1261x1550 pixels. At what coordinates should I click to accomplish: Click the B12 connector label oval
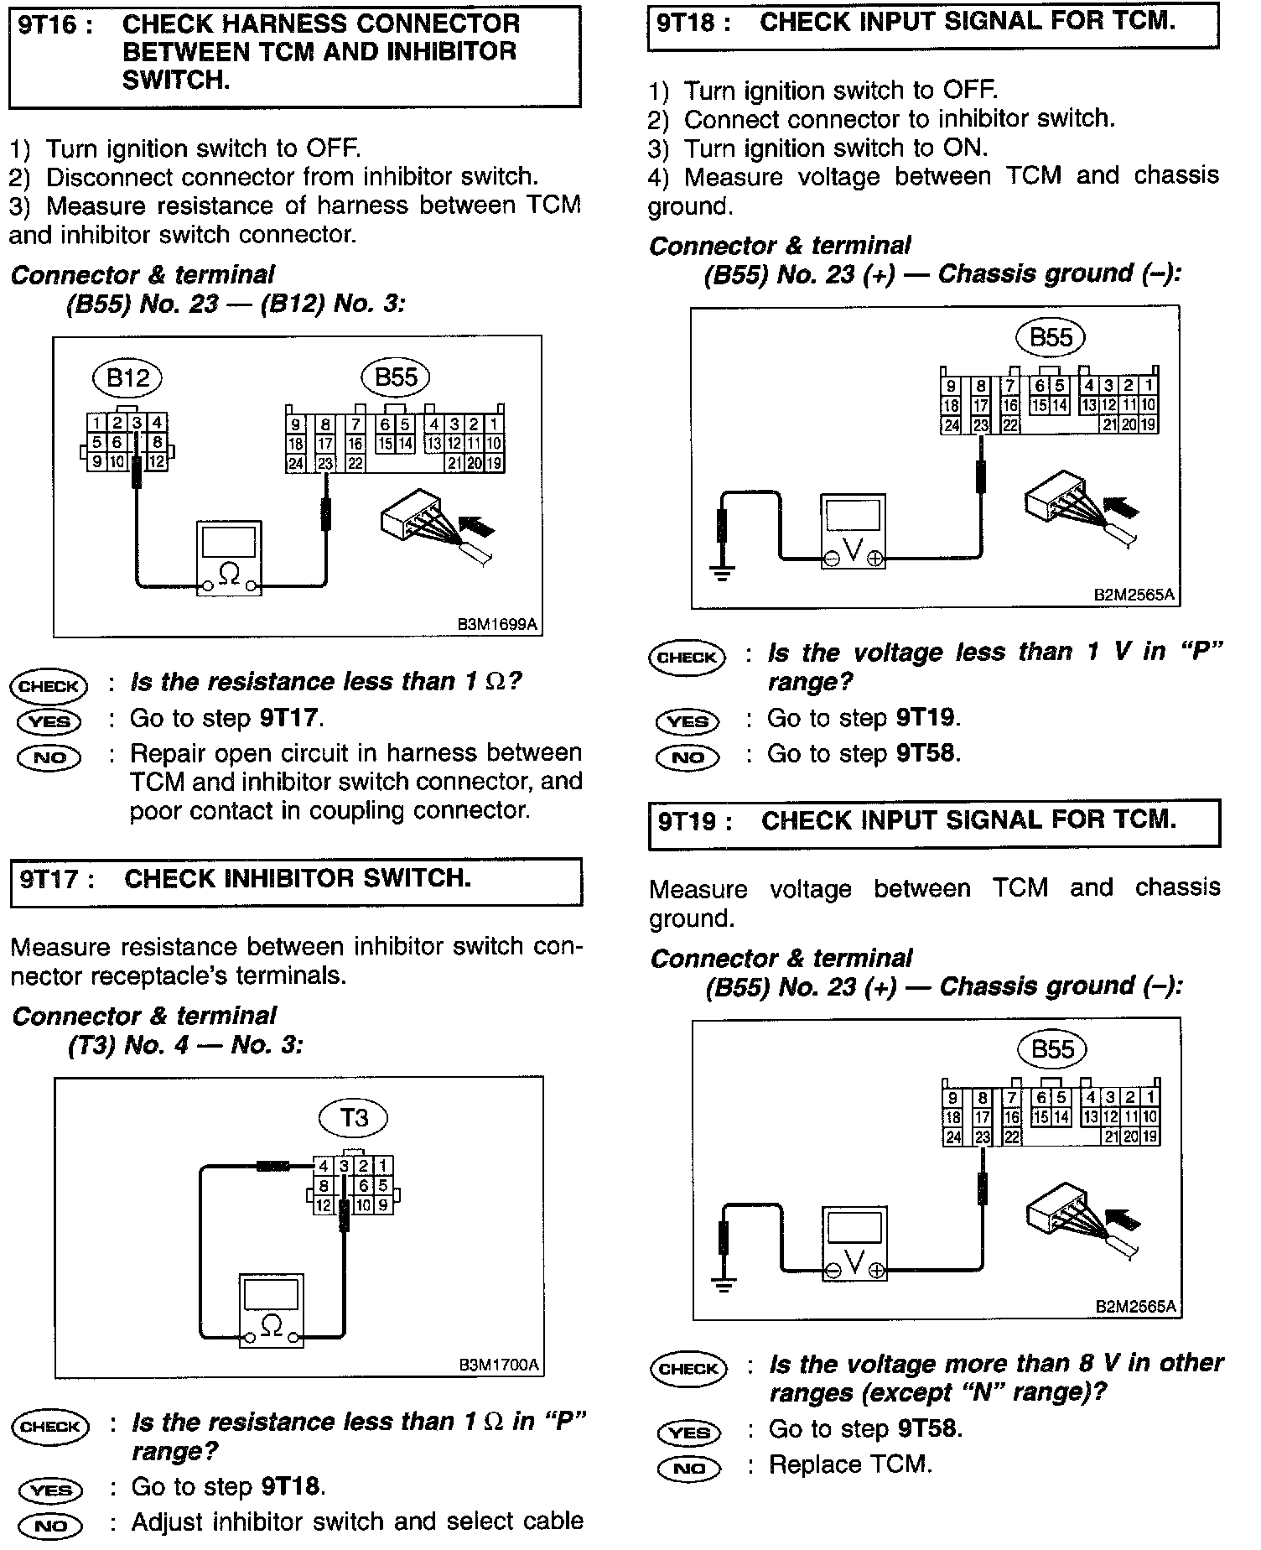pyautogui.click(x=127, y=378)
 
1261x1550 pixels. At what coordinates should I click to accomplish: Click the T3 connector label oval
pyautogui.click(x=354, y=1117)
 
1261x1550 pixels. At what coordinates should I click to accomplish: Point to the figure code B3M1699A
pyautogui.click(x=497, y=624)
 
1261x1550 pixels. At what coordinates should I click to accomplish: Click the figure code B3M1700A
pyautogui.click(x=499, y=1365)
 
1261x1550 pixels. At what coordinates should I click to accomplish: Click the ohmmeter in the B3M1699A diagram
pyautogui.click(x=229, y=558)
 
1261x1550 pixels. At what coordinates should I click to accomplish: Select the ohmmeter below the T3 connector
pyautogui.click(x=272, y=1310)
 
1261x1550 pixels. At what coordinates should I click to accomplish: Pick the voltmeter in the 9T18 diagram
pyautogui.click(x=853, y=532)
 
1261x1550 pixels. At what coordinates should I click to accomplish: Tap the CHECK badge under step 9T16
pyautogui.click(x=49, y=686)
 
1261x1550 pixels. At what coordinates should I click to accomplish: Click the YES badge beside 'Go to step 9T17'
pyautogui.click(x=49, y=721)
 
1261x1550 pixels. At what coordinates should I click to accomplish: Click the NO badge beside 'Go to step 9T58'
pyautogui.click(x=688, y=757)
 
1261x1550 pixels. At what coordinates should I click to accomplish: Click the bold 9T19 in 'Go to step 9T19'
pyautogui.click(x=926, y=718)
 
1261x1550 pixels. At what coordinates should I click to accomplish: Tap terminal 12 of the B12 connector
pyautogui.click(x=157, y=460)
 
